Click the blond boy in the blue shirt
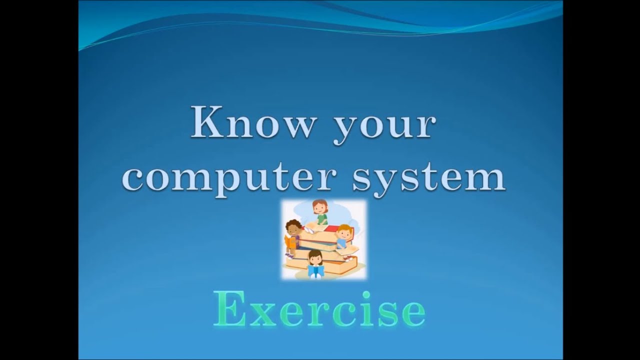(x=343, y=237)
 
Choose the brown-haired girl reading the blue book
(x=315, y=262)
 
